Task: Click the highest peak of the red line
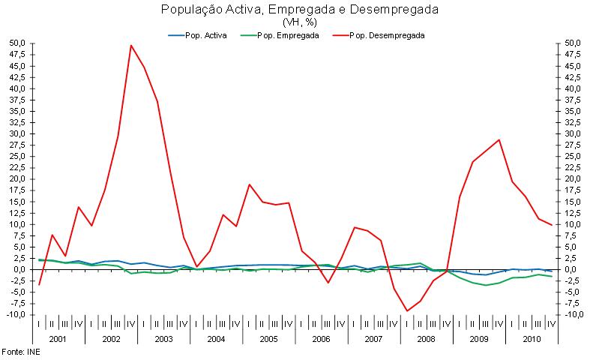click(x=131, y=45)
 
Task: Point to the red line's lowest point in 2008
click(x=407, y=310)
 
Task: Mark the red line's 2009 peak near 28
click(x=499, y=139)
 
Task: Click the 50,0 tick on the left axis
click(x=16, y=43)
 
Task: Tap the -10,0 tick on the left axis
click(x=15, y=315)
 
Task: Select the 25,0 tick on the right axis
click(x=572, y=157)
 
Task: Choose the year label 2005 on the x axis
click(x=268, y=339)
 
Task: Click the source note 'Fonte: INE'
click(x=20, y=351)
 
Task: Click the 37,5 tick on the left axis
click(x=16, y=100)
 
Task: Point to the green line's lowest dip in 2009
click(x=486, y=285)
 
